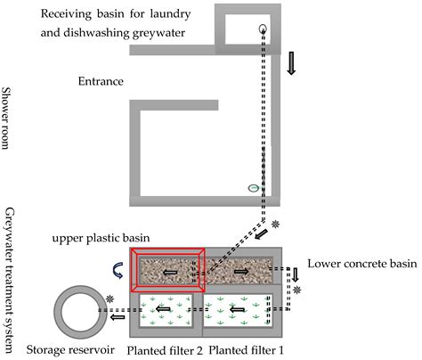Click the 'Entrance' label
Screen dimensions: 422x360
[x=101, y=81]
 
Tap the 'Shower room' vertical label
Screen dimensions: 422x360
[x=5, y=118]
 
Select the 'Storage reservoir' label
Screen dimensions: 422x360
[x=70, y=349]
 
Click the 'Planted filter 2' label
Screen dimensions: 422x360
[x=165, y=350]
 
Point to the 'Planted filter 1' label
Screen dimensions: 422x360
[x=246, y=350]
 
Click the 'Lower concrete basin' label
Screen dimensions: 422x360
[x=362, y=264]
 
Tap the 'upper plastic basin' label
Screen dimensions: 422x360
[x=101, y=238]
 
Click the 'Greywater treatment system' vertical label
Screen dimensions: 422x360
[x=9, y=280]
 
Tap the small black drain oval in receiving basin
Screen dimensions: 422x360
[x=263, y=29]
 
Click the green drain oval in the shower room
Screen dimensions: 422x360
[x=254, y=188]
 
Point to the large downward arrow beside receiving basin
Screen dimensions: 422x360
[x=291, y=63]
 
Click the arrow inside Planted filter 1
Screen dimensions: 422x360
[x=238, y=310]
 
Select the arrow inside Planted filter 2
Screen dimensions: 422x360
[x=163, y=309]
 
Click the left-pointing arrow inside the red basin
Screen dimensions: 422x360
[x=170, y=272]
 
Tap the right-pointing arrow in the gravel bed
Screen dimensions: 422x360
[x=242, y=271]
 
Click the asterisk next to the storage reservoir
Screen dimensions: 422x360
[x=110, y=299]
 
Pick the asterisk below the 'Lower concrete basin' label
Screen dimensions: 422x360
[x=296, y=290]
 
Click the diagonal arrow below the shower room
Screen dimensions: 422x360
[x=261, y=234]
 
